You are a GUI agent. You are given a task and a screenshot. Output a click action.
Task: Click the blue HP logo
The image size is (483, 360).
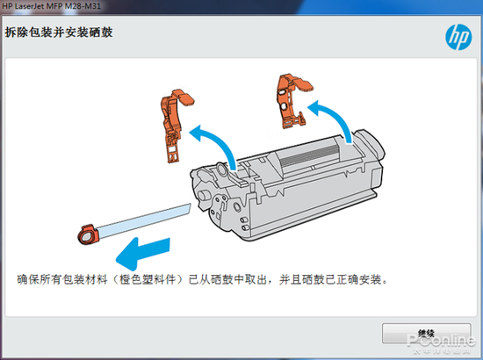458,37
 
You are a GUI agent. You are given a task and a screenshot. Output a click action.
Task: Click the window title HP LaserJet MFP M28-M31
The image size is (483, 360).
52,6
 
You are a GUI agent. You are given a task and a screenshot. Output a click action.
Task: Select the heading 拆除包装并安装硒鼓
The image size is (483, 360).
59,32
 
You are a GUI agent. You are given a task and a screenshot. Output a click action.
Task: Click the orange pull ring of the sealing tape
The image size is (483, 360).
88,234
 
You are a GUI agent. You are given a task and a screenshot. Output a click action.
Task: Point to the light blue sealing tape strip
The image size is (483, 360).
143,220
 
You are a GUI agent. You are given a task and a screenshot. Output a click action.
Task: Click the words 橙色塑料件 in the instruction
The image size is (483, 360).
148,279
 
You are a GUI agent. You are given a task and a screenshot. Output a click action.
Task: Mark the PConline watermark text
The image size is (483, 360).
441,341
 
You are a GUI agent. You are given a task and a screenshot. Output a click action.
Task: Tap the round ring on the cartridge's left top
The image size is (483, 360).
222,170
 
